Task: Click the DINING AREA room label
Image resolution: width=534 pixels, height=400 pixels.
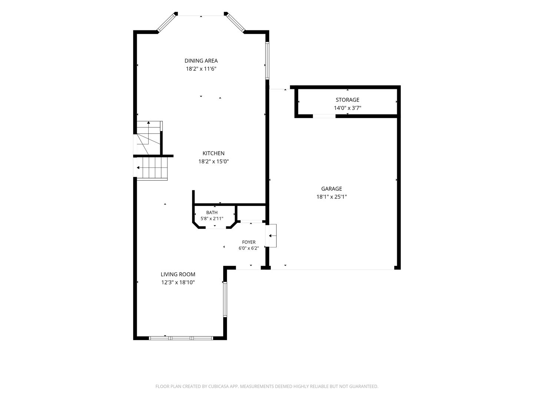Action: [x=201, y=61]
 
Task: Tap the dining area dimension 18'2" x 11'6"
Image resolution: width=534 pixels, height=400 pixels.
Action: [x=201, y=69]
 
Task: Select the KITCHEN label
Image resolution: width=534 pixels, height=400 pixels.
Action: [x=213, y=153]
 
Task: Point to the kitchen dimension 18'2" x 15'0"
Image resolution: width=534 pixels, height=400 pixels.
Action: [x=213, y=161]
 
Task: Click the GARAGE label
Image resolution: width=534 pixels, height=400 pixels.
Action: [x=332, y=189]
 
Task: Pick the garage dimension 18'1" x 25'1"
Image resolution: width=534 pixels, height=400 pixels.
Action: [x=332, y=197]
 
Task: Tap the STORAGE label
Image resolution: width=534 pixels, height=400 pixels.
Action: [x=347, y=100]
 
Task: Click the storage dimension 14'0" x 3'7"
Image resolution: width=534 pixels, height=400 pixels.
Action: [x=347, y=108]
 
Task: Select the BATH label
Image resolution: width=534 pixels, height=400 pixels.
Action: [x=212, y=213]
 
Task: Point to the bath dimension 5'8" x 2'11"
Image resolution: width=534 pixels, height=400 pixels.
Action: [x=212, y=219]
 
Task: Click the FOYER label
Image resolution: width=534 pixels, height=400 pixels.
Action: [x=248, y=242]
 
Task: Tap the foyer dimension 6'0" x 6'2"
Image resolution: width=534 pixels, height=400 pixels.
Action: [x=248, y=248]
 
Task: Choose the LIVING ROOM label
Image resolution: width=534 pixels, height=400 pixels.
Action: [x=178, y=274]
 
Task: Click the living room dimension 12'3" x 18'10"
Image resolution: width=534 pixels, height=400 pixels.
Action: [x=178, y=282]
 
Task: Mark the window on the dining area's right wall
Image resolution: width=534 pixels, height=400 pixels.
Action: [x=267, y=61]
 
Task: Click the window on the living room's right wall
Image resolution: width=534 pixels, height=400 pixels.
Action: [x=225, y=299]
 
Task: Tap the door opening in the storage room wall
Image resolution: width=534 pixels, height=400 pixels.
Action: [x=324, y=116]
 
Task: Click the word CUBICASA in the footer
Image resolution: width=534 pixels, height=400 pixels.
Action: [x=218, y=386]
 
